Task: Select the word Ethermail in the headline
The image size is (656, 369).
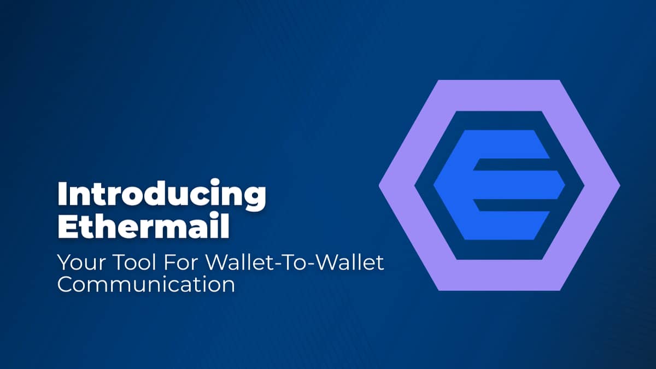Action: pyautogui.click(x=143, y=226)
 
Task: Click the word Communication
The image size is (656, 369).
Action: pyautogui.click(x=146, y=285)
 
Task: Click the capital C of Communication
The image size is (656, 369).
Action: pyautogui.click(x=66, y=285)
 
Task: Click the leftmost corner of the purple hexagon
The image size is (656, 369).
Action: pyautogui.click(x=380, y=185)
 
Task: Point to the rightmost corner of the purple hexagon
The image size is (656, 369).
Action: pyautogui.click(x=619, y=185)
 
